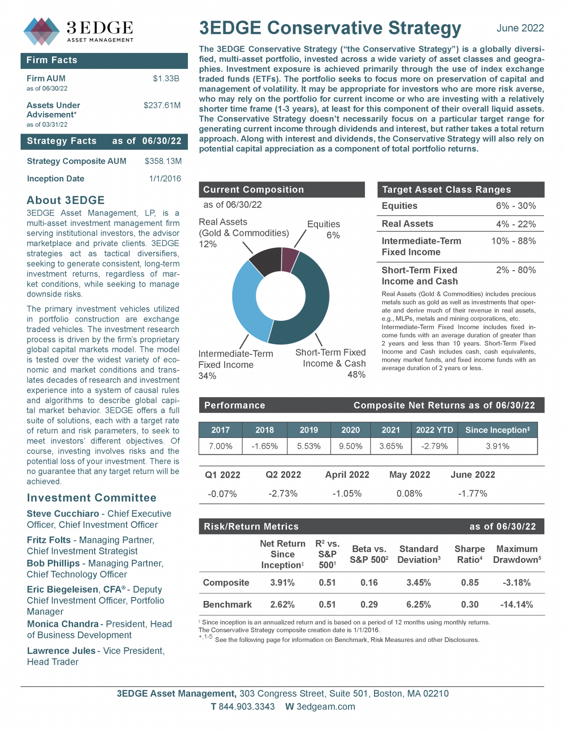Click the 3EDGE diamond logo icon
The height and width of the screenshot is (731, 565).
point(41,31)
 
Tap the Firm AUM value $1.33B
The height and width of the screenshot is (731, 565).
point(166,78)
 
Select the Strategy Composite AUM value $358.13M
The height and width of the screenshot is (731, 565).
point(163,161)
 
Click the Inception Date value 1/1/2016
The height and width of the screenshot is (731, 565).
point(165,178)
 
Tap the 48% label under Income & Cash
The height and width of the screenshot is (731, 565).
point(356,375)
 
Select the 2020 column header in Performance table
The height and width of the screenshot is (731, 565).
point(350,430)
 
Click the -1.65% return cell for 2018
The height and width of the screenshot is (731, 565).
point(265,446)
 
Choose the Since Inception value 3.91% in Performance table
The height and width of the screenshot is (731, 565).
point(497,446)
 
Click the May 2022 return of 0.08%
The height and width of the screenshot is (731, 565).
point(409,493)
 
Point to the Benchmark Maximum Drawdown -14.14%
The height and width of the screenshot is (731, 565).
point(517,604)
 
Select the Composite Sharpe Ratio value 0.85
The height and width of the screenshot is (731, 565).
point(469,583)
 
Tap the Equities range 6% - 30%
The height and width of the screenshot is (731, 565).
point(516,206)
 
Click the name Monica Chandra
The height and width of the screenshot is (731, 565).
point(63,624)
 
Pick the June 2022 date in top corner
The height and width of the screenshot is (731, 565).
point(520,28)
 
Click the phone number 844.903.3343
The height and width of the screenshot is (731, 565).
point(247,707)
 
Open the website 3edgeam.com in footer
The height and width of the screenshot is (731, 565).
point(326,707)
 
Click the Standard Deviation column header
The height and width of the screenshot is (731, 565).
point(418,554)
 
